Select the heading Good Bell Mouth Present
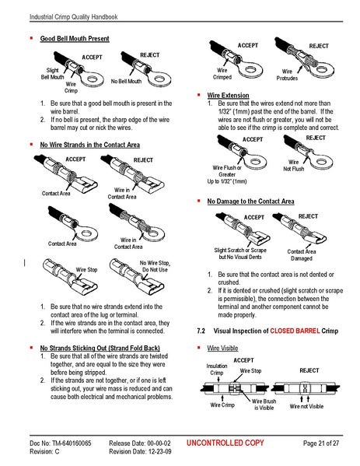click(74, 38)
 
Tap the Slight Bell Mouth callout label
click(54, 74)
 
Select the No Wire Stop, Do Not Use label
click(153, 267)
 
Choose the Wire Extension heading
click(228, 95)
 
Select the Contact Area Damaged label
click(302, 255)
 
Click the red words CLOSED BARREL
click(293, 331)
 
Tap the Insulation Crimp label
click(217, 369)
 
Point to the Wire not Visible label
click(307, 406)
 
